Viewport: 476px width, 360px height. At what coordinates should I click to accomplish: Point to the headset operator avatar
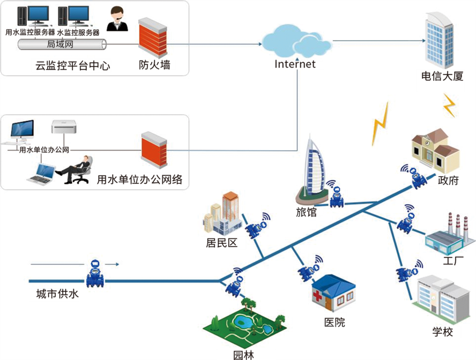tap(116, 19)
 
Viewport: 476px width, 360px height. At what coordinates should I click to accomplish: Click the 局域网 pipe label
tap(61, 44)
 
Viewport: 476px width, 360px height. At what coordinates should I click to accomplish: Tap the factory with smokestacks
tap(450, 236)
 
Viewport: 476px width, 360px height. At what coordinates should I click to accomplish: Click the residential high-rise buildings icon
tap(221, 213)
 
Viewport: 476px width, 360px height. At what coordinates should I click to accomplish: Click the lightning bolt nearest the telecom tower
tap(449, 105)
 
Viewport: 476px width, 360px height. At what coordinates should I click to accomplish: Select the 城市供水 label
tap(54, 295)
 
